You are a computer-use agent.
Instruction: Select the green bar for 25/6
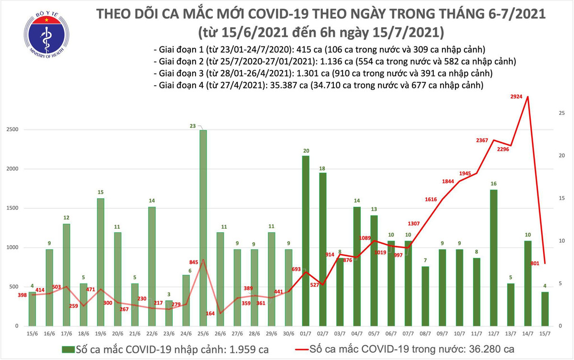(x=203, y=227)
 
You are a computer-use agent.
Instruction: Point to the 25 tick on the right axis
(x=562, y=113)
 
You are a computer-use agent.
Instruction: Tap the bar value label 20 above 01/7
(x=306, y=150)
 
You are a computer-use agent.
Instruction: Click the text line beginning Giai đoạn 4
(x=318, y=86)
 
